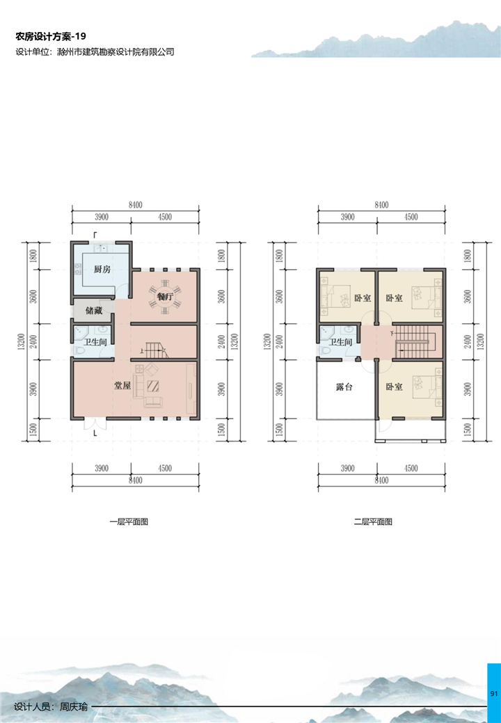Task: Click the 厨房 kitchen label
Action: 102,269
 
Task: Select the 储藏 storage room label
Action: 94,310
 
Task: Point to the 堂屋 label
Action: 122,385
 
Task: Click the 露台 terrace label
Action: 344,387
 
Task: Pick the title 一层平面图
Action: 129,522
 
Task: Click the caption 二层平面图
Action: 373,522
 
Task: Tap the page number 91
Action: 493,694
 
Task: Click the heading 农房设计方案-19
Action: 51,36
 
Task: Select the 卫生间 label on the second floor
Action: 340,341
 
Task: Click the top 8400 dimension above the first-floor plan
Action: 136,204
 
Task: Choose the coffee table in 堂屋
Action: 152,385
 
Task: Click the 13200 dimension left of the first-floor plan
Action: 20,341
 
